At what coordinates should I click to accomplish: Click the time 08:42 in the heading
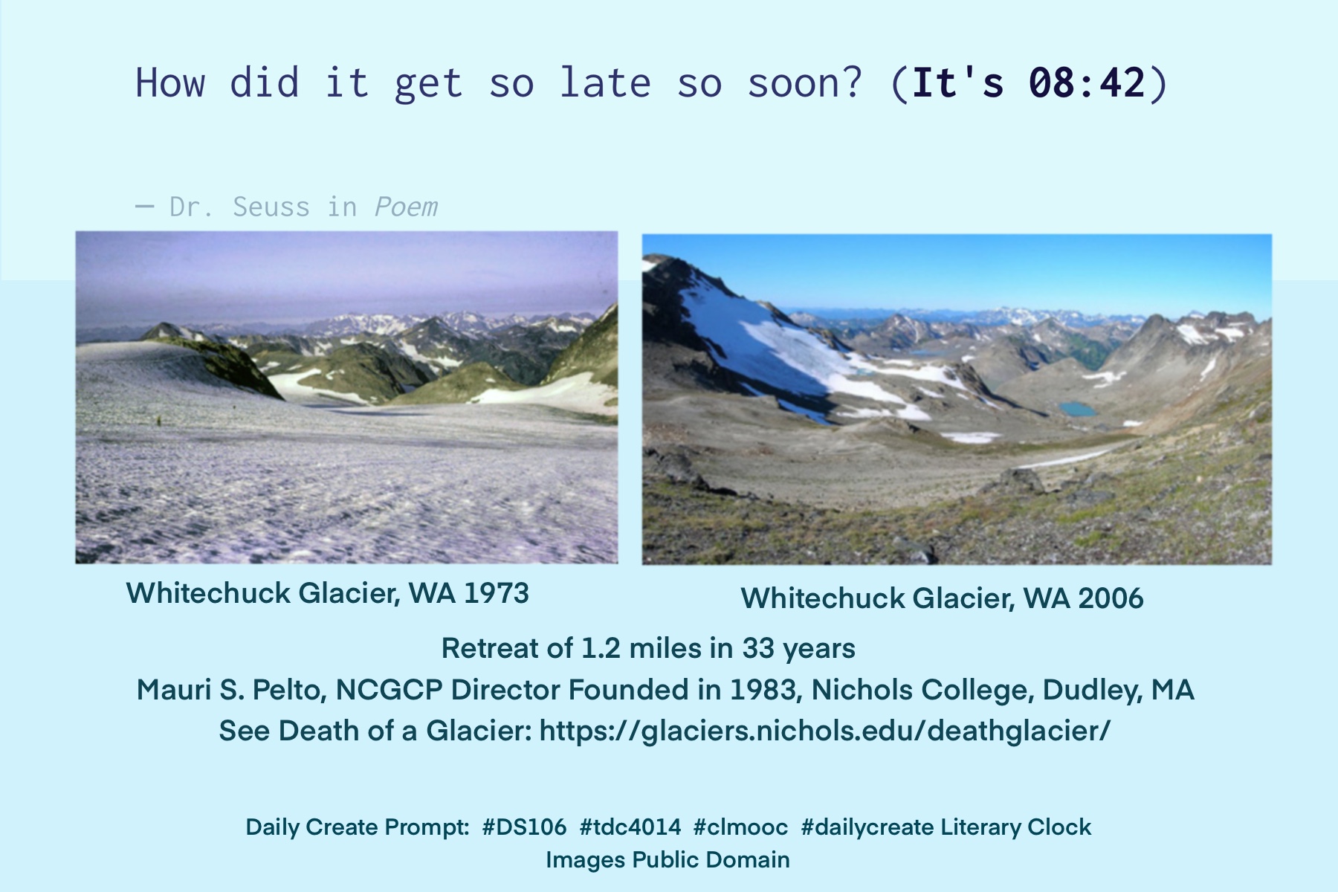pos(1087,83)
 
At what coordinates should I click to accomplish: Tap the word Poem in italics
pos(406,207)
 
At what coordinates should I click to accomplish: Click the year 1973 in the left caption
pos(496,593)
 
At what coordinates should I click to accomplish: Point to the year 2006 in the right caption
pos(1111,598)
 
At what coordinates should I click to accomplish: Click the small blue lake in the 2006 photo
pos(1078,409)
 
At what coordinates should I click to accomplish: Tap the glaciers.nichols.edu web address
pos(824,731)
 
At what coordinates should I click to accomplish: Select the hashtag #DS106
pos(524,827)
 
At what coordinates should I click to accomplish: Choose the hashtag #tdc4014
pos(630,827)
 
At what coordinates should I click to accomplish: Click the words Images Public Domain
pos(668,860)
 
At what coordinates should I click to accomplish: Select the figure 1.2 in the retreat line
pos(600,648)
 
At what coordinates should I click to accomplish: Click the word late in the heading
pos(605,83)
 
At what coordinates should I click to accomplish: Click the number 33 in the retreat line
pos(758,648)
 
